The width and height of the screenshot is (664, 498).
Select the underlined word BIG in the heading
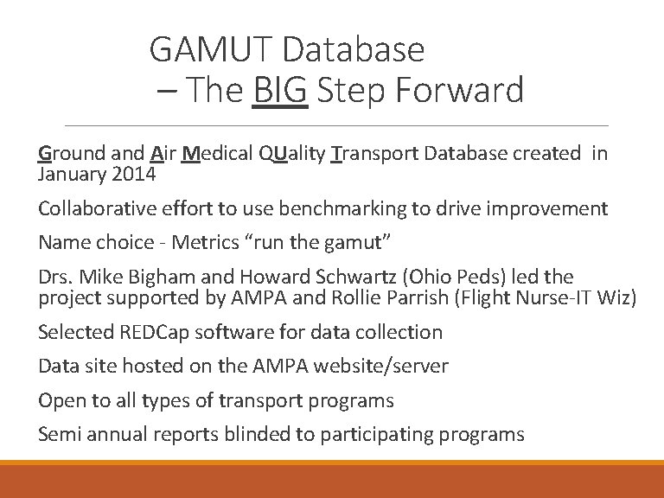pyautogui.click(x=281, y=90)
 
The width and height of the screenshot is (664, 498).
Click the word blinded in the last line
pyautogui.click(x=257, y=434)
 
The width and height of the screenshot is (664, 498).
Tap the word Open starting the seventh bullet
pyautogui.click(x=59, y=400)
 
